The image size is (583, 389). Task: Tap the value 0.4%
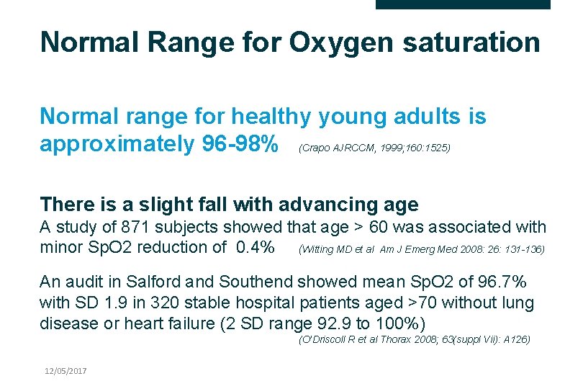click(x=254, y=247)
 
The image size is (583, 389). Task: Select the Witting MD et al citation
click(x=421, y=250)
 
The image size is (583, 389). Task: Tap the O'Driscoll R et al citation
click(x=414, y=340)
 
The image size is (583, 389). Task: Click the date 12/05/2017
click(x=65, y=370)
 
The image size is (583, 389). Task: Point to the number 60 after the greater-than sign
click(x=379, y=228)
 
